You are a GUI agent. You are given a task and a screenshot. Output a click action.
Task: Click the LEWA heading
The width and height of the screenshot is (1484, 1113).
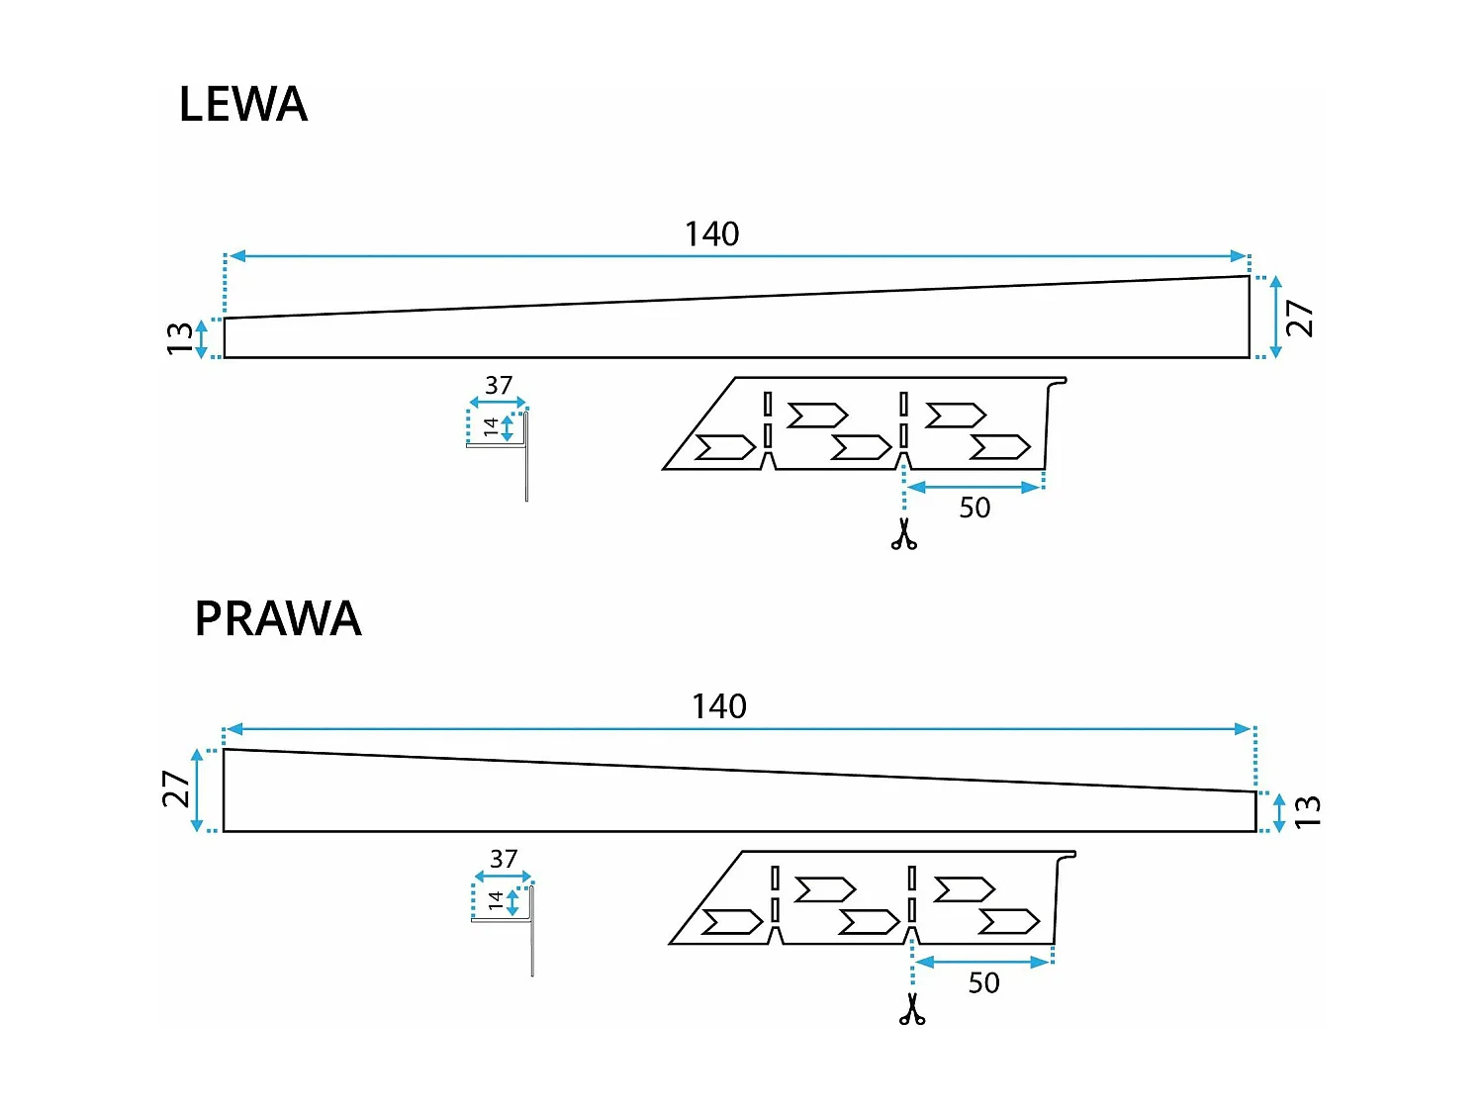[x=242, y=105]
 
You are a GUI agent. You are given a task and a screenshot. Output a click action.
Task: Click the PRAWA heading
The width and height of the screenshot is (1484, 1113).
[x=277, y=619]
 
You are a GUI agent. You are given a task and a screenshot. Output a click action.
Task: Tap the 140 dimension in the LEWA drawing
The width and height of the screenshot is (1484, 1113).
[x=711, y=234]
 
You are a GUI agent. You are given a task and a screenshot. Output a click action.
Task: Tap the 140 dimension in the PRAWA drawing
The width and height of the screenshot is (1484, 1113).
[x=718, y=706]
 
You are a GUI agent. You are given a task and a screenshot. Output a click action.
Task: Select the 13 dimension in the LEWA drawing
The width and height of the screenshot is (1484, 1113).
[x=179, y=338]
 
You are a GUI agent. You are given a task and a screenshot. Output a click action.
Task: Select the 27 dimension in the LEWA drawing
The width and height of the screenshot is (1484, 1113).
[x=1299, y=319]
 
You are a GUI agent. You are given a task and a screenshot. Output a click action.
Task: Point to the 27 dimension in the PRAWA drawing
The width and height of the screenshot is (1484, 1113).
[x=175, y=789]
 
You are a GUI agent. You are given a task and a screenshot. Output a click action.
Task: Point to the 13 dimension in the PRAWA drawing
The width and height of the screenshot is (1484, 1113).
[x=1307, y=812]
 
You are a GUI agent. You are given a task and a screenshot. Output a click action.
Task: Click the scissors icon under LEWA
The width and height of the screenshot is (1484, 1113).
[x=903, y=534]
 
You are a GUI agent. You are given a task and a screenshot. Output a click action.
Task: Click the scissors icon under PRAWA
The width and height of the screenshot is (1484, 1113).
[x=912, y=1009]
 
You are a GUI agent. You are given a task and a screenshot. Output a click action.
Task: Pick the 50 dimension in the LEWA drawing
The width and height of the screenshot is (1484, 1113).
[x=974, y=509]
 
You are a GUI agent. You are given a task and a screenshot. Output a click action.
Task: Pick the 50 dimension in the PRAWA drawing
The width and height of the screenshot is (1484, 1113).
[x=982, y=983]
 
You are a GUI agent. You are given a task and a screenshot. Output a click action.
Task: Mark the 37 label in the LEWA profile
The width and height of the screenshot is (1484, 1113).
[x=499, y=385]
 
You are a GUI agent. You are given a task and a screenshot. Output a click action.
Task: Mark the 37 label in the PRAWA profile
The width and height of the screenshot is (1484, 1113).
[x=504, y=859]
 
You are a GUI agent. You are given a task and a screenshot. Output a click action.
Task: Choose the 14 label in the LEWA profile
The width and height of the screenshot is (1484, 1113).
[x=491, y=427]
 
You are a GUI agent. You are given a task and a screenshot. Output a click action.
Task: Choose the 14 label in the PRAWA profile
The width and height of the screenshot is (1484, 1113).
[x=496, y=901]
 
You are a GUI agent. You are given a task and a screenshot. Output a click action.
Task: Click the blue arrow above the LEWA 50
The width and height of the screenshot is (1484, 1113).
[x=974, y=487]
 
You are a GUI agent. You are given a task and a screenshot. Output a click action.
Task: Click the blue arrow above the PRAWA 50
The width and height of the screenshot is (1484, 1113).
[x=982, y=962]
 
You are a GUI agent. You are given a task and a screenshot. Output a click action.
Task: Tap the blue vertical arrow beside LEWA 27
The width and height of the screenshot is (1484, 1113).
[x=1275, y=318]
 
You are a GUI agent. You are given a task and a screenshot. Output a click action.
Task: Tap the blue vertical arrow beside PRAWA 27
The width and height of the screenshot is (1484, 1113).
[x=198, y=790]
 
